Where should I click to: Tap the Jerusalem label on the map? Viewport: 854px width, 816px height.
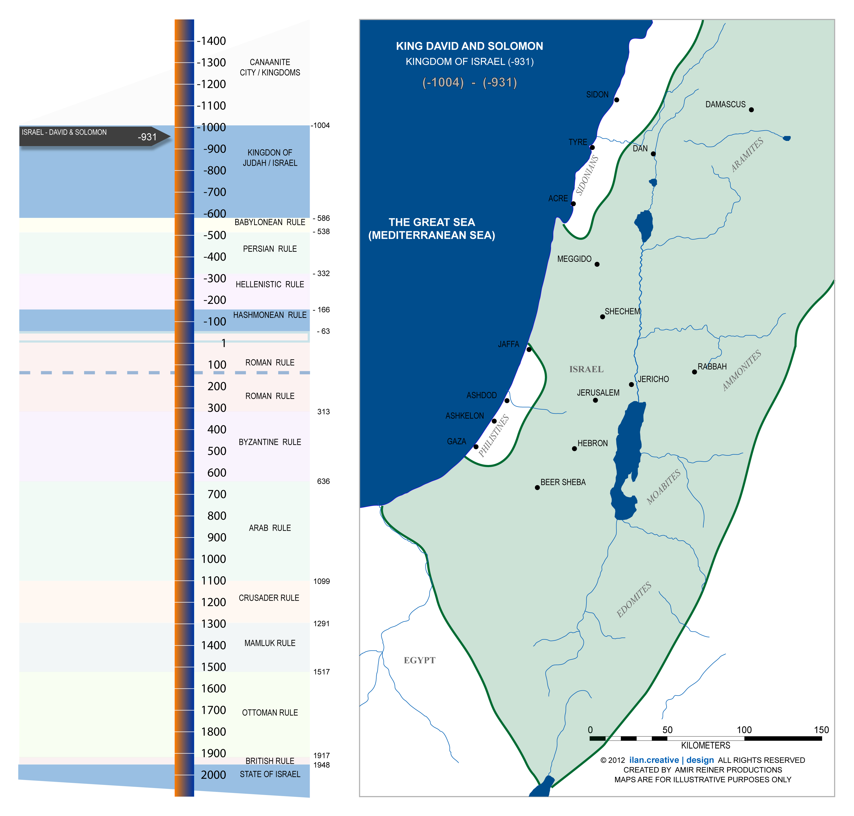[598, 393]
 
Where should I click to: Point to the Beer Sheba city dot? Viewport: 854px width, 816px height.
[537, 488]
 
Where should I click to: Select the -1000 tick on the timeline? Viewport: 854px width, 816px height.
[211, 127]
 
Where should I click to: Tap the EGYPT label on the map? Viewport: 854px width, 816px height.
[419, 660]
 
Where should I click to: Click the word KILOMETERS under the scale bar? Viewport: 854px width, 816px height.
[705, 746]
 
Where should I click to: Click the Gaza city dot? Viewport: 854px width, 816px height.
[476, 447]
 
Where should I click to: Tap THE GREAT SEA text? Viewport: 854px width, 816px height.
[432, 222]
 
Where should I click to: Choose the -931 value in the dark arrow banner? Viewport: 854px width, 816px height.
[147, 137]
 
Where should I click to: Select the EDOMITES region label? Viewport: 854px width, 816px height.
[634, 599]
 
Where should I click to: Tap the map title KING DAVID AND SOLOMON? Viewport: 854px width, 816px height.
[469, 46]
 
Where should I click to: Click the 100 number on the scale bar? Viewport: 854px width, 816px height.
[744, 730]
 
